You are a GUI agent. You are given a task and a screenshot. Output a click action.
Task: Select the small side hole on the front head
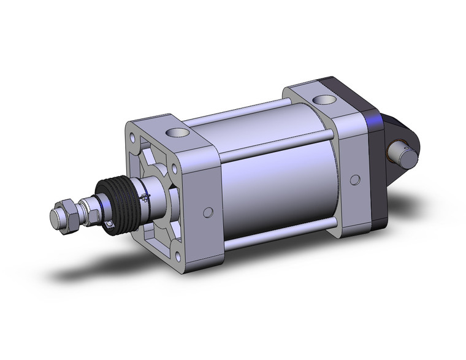point(208,212)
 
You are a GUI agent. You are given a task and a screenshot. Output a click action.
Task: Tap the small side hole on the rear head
point(354,180)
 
